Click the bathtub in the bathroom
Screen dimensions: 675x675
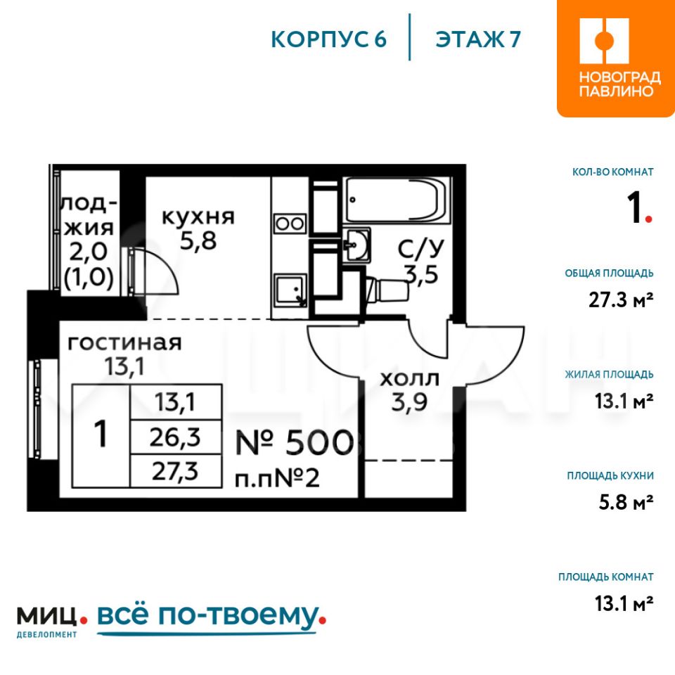click(397, 199)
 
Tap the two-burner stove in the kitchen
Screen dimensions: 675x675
click(290, 224)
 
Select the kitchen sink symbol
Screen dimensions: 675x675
click(290, 289)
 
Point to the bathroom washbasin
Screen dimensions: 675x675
click(356, 245)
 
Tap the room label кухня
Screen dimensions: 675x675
click(198, 217)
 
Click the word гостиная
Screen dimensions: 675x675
click(125, 342)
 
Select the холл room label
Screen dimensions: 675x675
click(409, 379)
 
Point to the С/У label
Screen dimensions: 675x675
click(420, 248)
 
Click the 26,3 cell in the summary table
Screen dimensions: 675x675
click(176, 437)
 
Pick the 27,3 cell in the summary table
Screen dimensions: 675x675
click(176, 471)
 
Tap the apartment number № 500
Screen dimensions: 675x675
click(295, 442)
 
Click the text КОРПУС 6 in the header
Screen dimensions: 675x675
click(329, 39)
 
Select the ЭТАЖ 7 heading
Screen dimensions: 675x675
click(478, 39)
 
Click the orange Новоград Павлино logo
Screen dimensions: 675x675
click(616, 58)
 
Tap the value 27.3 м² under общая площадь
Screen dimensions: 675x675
click(621, 300)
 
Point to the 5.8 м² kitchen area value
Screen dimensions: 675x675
click(626, 502)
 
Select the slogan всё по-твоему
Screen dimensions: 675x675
click(211, 617)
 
